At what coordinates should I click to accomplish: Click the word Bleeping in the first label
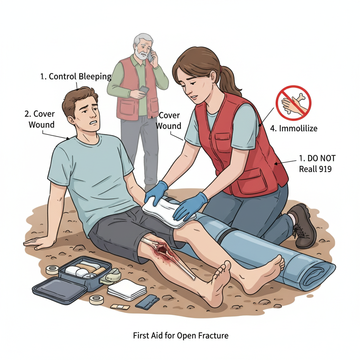click(x=95, y=77)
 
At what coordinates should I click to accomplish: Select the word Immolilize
click(x=298, y=128)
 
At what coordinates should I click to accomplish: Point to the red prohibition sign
click(x=294, y=103)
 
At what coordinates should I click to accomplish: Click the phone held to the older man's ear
click(x=150, y=56)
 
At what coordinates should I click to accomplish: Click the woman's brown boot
click(x=303, y=226)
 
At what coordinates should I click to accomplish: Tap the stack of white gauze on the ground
click(x=127, y=290)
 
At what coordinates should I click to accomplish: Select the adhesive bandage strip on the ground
click(x=120, y=307)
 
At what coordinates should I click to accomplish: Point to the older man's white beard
click(x=141, y=54)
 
